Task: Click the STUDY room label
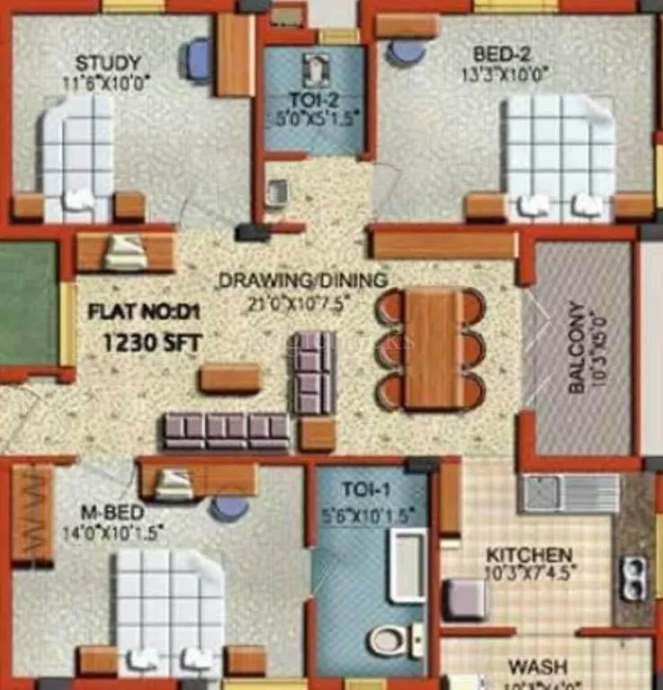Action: (107, 64)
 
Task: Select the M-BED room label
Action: (111, 512)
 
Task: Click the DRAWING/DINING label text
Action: (303, 280)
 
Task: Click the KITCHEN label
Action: (528, 554)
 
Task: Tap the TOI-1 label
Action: (366, 490)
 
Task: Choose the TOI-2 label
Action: (311, 98)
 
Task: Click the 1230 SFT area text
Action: (153, 342)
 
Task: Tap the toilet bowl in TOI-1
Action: (389, 641)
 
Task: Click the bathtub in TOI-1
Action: (407, 566)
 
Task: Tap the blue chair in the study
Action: (198, 58)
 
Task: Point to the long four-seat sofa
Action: (226, 430)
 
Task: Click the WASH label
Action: (537, 668)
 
